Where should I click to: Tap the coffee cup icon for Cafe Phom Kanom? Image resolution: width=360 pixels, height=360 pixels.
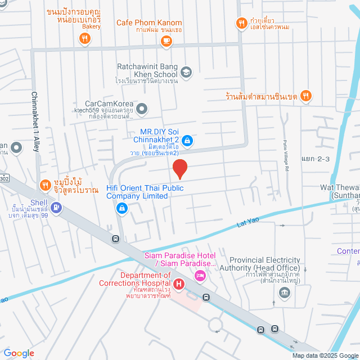coord(165,40)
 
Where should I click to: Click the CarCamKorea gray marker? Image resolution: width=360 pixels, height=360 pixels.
coord(142,108)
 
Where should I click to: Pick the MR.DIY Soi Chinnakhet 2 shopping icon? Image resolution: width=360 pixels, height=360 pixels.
coord(188,141)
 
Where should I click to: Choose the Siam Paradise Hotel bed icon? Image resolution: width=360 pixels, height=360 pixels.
coord(200,276)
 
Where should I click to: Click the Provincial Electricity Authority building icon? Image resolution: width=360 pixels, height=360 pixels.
coord(285,292)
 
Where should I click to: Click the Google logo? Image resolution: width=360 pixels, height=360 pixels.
coord(18,353)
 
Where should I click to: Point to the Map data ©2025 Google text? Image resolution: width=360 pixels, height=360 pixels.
coord(324,355)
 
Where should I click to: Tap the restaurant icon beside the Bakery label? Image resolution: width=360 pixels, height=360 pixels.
coord(84,38)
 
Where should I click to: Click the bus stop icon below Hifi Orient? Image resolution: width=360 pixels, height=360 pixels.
coord(115,238)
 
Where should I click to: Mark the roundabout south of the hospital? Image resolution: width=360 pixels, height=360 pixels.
coord(215,325)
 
